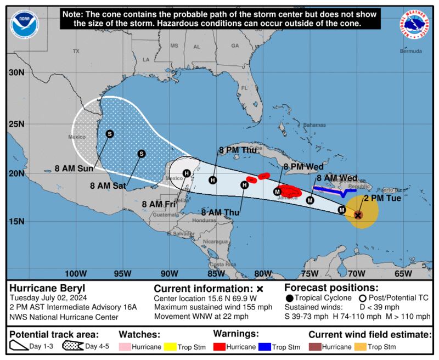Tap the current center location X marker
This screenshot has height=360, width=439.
pyautogui.click(x=358, y=215)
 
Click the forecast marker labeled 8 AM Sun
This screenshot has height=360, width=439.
pyautogui.click(x=110, y=133)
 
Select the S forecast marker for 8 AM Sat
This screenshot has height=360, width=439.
pyautogui.click(x=141, y=154)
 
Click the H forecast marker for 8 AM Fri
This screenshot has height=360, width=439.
pyautogui.click(x=187, y=173)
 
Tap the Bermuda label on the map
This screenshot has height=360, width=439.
pyautogui.click(x=410, y=51)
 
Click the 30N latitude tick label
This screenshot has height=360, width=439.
pyautogui.click(x=16, y=72)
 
